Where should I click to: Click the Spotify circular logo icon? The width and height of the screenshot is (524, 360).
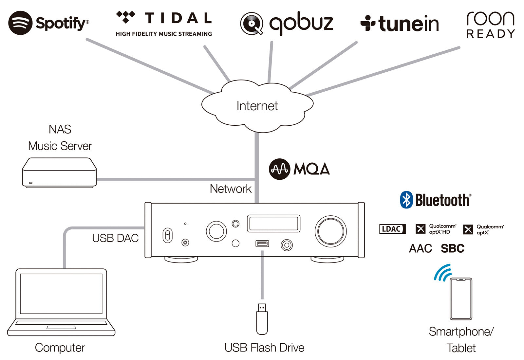pyautogui.click(x=20, y=23)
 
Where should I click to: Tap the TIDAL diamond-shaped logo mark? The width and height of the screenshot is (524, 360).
pyautogui.click(x=126, y=17)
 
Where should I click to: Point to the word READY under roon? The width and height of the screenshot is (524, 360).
pyautogui.click(x=490, y=34)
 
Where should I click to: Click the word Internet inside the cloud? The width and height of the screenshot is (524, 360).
pyautogui.click(x=257, y=106)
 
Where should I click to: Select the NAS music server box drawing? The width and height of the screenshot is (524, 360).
pyautogui.click(x=59, y=173)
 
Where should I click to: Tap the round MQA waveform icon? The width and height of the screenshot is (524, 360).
pyautogui.click(x=279, y=169)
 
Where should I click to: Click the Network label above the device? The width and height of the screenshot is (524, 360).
pyautogui.click(x=231, y=189)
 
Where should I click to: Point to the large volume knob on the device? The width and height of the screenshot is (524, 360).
pyautogui.click(x=330, y=231)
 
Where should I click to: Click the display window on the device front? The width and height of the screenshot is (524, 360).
pyautogui.click(x=273, y=224)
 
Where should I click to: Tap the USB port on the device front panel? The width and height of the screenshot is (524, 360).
pyautogui.click(x=262, y=243)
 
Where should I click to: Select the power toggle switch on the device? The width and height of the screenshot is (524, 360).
pyautogui.click(x=167, y=235)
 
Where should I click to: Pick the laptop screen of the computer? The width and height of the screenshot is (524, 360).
pyautogui.click(x=61, y=294)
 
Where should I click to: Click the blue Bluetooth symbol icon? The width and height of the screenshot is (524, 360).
pyautogui.click(x=406, y=200)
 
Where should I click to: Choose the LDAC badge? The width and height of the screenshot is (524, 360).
pyautogui.click(x=392, y=229)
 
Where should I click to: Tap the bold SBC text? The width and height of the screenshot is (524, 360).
pyautogui.click(x=452, y=249)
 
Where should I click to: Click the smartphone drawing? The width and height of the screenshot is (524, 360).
pyautogui.click(x=461, y=299)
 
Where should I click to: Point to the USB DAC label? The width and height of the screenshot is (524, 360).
pyautogui.click(x=115, y=238)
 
